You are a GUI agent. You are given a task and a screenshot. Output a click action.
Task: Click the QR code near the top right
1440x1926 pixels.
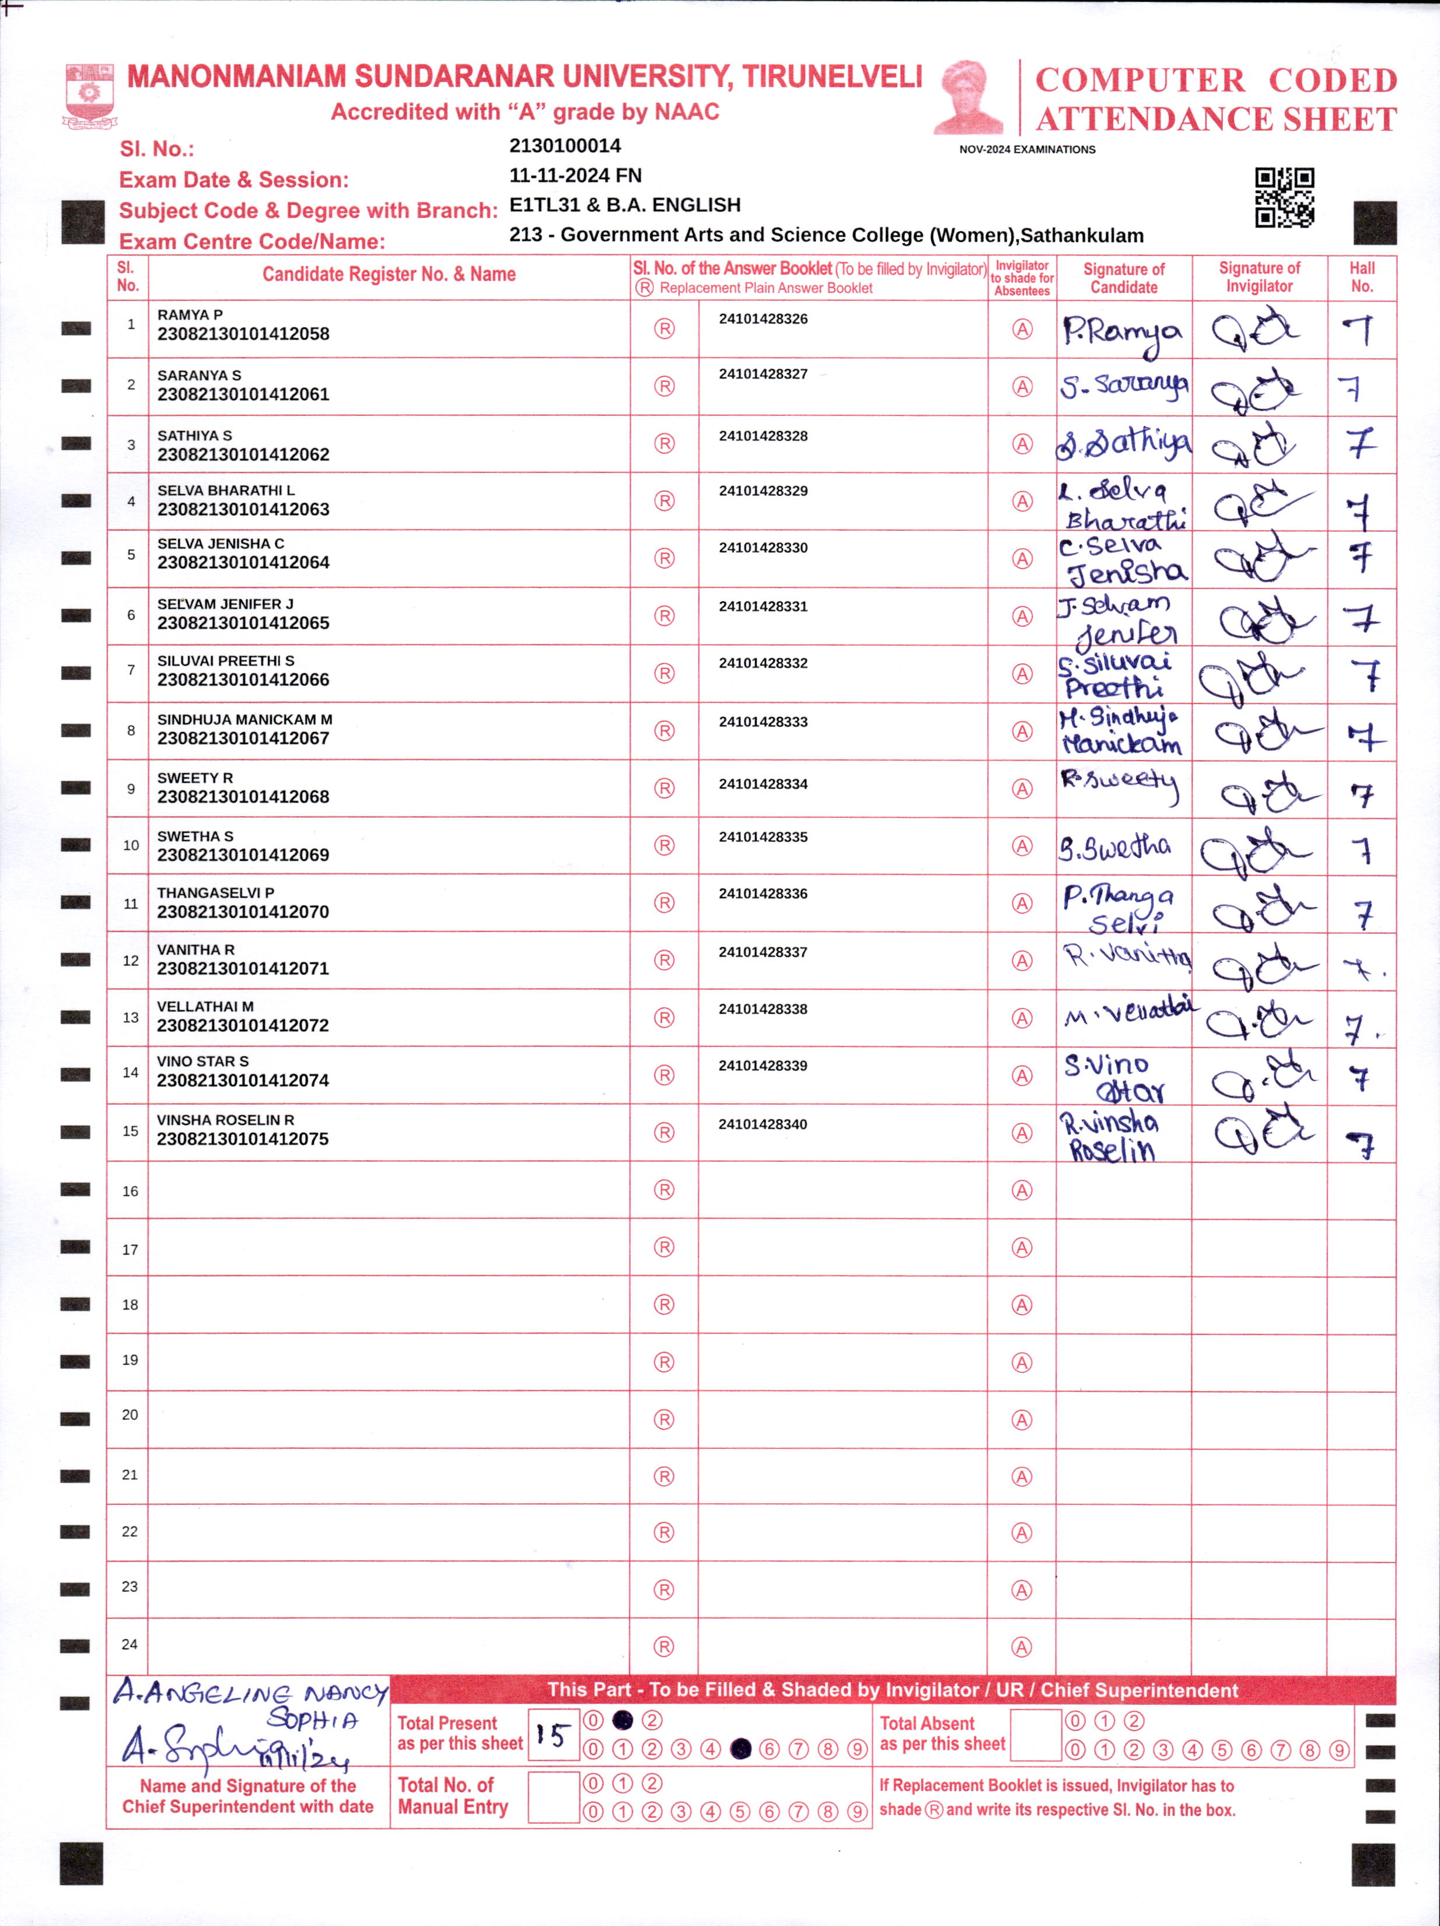[x=1284, y=198]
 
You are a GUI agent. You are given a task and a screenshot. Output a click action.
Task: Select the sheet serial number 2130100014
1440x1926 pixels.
[x=564, y=145]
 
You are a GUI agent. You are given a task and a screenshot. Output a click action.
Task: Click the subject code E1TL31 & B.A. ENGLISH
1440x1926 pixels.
[x=625, y=205]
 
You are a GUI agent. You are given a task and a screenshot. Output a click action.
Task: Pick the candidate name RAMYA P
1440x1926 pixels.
[x=190, y=314]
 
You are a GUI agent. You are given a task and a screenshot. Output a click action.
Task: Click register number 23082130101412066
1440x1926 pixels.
[x=243, y=679]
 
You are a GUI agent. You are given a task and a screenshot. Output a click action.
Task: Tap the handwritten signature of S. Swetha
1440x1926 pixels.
[x=1114, y=847]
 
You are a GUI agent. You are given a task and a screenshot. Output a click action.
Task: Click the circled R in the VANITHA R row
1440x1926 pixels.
[x=664, y=961]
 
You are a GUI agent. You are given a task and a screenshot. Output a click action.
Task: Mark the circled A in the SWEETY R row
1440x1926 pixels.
[x=1022, y=789]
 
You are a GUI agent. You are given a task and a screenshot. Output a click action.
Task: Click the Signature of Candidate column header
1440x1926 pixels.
[x=1123, y=278]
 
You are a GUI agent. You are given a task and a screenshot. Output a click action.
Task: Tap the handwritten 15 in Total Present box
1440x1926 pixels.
[x=553, y=1735]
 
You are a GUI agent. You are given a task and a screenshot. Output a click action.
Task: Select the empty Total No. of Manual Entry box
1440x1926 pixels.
[x=553, y=1797]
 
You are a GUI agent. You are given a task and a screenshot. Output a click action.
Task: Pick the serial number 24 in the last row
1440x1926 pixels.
[x=130, y=1644]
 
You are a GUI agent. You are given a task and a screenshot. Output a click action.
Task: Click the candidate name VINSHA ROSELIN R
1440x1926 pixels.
[x=225, y=1120]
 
